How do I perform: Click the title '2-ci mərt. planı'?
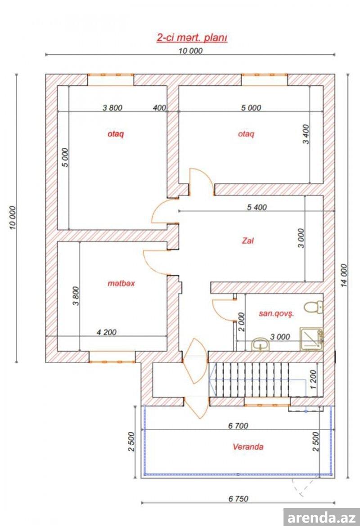pyautogui.click(x=192, y=38)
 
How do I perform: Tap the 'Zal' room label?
pyautogui.click(x=248, y=241)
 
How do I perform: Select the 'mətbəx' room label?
pyautogui.click(x=121, y=284)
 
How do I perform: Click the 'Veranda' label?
pyautogui.click(x=248, y=447)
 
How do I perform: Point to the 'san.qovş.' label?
pyautogui.click(x=276, y=314)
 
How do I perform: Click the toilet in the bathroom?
pyautogui.click(x=313, y=307)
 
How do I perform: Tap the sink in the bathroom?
pyautogui.click(x=260, y=344)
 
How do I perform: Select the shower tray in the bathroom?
pyautogui.click(x=311, y=339)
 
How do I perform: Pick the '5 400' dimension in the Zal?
pyautogui.click(x=256, y=207)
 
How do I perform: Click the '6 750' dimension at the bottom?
pyautogui.click(x=238, y=499)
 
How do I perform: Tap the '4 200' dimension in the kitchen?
pyautogui.click(x=107, y=332)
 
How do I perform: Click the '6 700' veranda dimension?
pyautogui.click(x=238, y=426)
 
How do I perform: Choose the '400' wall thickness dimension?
pyautogui.click(x=159, y=108)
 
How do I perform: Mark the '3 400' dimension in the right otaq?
pyautogui.click(x=306, y=134)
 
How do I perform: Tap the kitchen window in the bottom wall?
pyautogui.click(x=112, y=357)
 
